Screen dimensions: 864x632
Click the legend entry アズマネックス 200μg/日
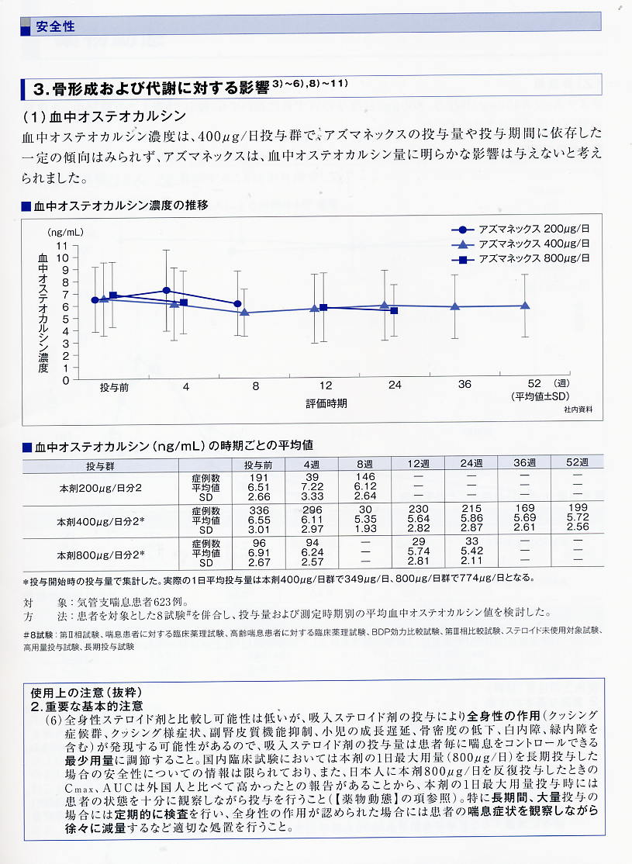point(534,230)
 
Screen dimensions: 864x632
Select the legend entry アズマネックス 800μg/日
point(534,258)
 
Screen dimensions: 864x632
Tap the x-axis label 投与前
point(112,385)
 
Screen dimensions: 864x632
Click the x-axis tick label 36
point(464,385)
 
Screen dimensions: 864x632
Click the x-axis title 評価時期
point(326,403)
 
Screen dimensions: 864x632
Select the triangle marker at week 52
point(525,306)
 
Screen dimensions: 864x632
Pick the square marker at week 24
point(394,310)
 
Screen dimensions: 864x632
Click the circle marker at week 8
point(237,304)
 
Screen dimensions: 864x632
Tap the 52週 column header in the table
point(577,463)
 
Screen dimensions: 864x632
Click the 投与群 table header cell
point(100,465)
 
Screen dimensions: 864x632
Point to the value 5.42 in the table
point(470,555)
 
